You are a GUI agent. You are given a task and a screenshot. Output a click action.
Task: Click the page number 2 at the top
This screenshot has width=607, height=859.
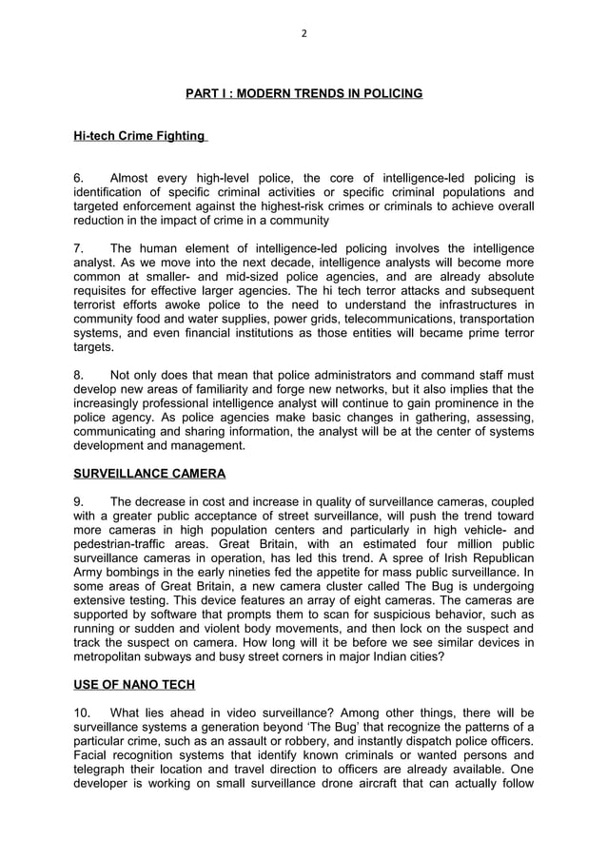coord(303,33)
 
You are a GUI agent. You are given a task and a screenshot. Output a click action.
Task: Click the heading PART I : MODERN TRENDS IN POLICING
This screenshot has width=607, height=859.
coord(303,93)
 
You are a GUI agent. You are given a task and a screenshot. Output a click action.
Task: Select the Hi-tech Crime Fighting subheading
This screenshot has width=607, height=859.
coord(140,136)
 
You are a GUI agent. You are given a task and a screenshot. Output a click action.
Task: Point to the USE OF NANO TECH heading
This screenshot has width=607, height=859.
coord(137,684)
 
